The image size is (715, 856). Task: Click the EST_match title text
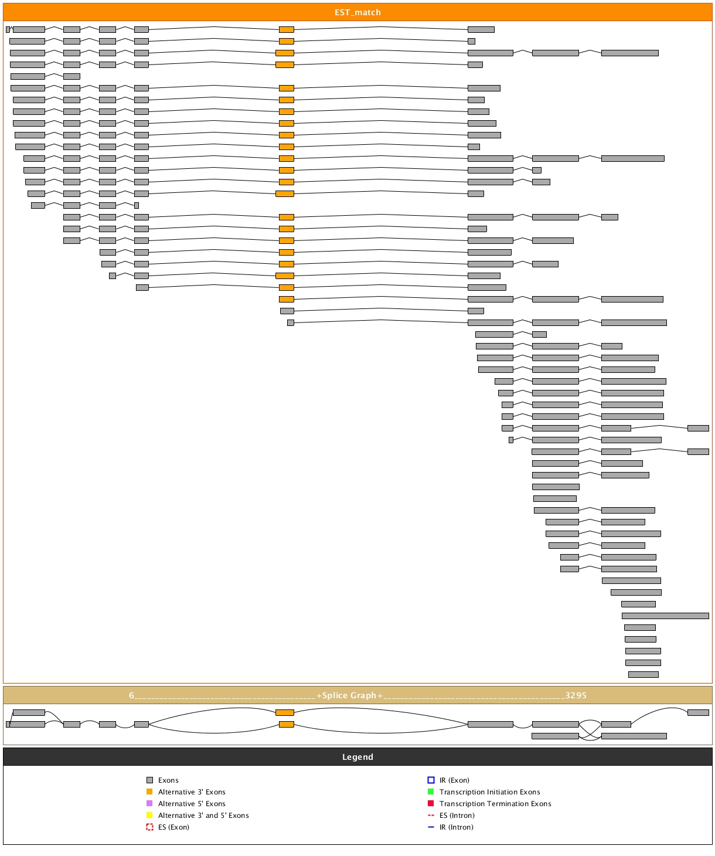[357, 12]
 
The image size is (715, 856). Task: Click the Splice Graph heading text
[349, 695]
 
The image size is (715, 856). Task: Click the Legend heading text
[357, 757]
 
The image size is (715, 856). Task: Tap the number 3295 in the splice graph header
[576, 695]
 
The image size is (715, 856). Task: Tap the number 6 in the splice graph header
[132, 695]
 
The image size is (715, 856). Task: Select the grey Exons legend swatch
[149, 780]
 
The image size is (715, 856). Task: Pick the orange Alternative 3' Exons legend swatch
[149, 792]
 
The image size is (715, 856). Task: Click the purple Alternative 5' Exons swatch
[149, 804]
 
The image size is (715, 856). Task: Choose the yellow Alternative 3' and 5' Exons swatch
[149, 816]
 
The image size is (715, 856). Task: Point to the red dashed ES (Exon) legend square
[149, 827]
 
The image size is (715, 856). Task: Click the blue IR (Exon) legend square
[431, 780]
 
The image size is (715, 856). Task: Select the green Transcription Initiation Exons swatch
[431, 792]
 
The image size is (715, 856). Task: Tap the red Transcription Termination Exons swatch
[431, 804]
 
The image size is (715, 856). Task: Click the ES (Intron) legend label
[457, 816]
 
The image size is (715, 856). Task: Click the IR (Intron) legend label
[456, 827]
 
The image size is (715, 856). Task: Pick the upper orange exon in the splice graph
[285, 712]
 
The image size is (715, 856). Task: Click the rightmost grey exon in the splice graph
[698, 712]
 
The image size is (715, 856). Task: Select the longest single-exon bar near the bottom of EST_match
[665, 616]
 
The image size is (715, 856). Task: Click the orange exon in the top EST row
[287, 29]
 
